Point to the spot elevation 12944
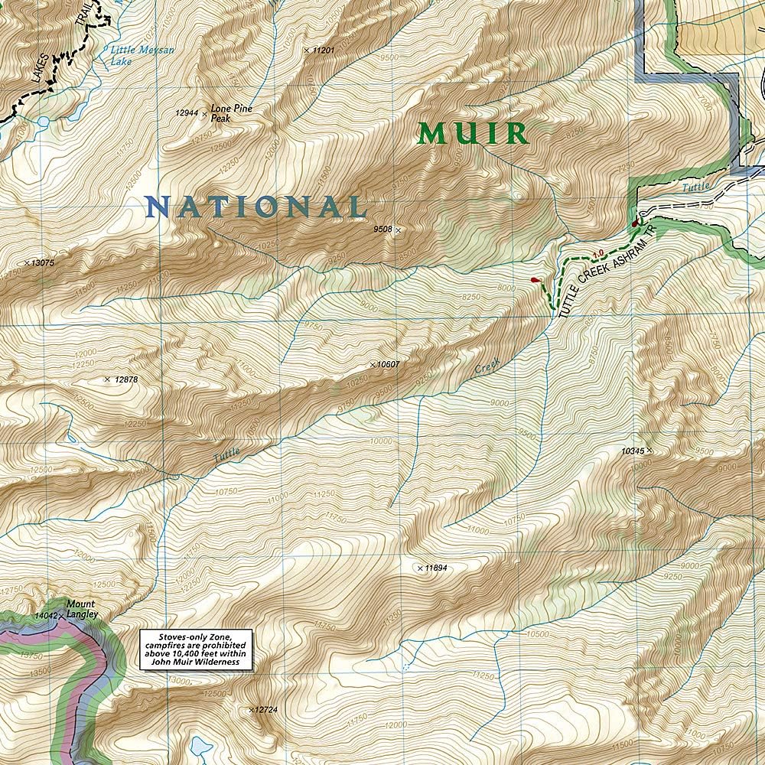(187, 113)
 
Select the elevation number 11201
(324, 50)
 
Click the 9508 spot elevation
(382, 229)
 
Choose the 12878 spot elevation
(125, 379)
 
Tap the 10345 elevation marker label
(633, 451)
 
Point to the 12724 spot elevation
(266, 710)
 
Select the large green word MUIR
(474, 134)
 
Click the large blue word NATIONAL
(256, 207)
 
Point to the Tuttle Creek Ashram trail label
(608, 272)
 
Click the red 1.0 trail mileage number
(598, 253)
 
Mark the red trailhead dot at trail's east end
(635, 223)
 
